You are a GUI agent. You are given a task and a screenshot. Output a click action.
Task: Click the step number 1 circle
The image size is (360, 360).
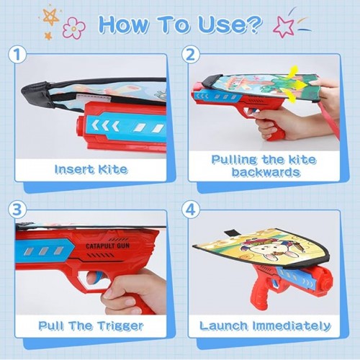click(17, 55)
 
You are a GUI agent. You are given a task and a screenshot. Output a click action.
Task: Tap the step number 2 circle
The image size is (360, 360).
click(190, 55)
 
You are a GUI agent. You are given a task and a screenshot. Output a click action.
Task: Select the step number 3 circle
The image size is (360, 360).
click(17, 210)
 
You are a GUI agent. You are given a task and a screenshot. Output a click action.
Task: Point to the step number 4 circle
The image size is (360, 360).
click(190, 210)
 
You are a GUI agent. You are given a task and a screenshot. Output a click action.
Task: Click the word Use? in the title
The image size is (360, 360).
click(230, 24)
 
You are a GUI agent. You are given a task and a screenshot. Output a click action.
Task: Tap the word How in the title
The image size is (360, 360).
click(123, 24)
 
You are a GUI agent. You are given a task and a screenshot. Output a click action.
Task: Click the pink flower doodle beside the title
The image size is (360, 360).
click(73, 28)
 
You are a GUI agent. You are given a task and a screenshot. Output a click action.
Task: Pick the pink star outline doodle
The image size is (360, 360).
click(284, 27)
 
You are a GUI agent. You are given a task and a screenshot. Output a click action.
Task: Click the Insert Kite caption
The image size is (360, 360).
click(91, 169)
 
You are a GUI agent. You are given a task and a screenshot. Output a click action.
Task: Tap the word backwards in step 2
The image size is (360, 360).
click(266, 172)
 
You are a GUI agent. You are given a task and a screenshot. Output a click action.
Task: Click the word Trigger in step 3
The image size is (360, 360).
click(121, 326)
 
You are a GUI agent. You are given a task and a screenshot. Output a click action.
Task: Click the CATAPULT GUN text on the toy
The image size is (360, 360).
click(108, 246)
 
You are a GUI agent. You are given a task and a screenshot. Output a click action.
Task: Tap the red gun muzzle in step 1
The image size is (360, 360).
click(81, 126)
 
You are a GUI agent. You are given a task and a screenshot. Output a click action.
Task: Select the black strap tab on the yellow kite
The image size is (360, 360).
click(230, 233)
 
